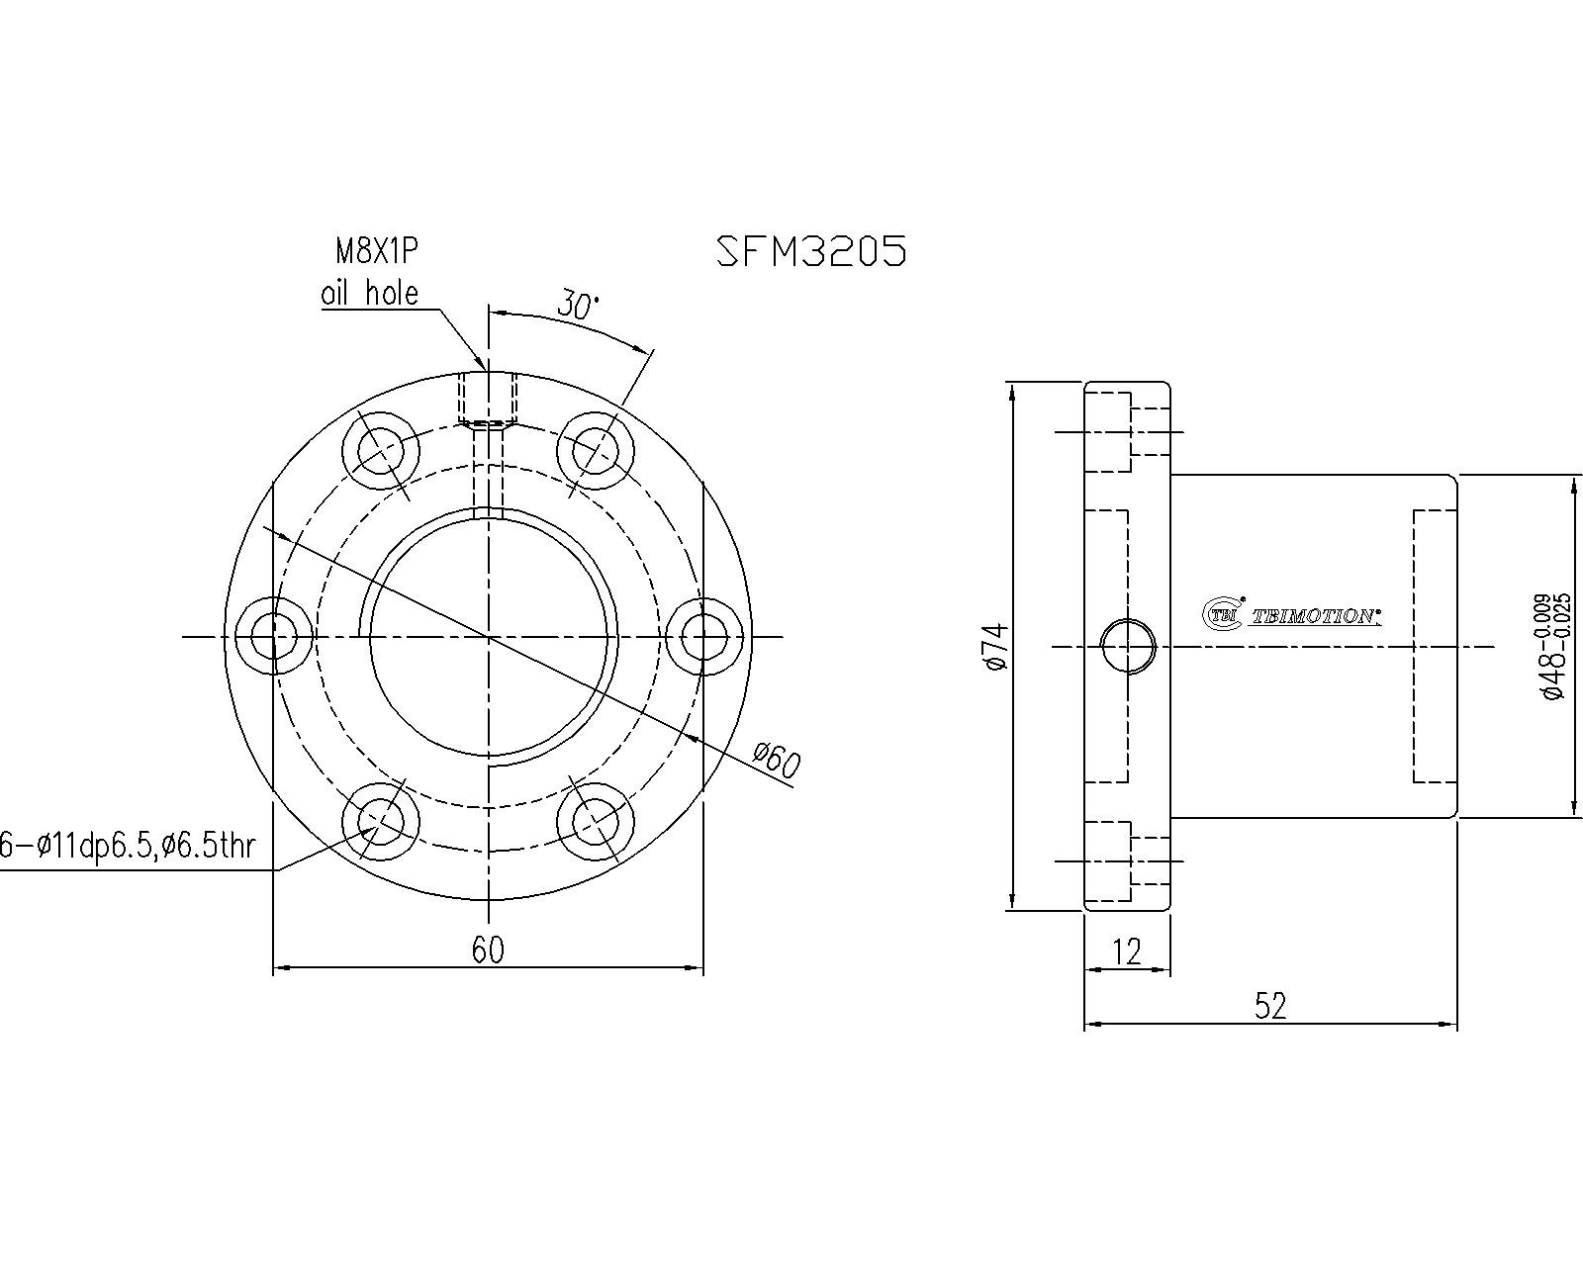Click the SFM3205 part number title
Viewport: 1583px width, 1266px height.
coord(811,251)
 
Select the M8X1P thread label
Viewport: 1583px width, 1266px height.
coord(377,251)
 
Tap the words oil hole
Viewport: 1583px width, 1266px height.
coord(369,293)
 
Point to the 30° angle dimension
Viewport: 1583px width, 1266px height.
coord(578,305)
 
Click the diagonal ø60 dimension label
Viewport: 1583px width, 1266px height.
coord(776,761)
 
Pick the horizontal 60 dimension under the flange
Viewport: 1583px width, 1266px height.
coord(488,949)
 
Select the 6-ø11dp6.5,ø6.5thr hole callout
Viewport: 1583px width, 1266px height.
coord(127,846)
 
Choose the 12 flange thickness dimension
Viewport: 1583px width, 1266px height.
coord(1126,951)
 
